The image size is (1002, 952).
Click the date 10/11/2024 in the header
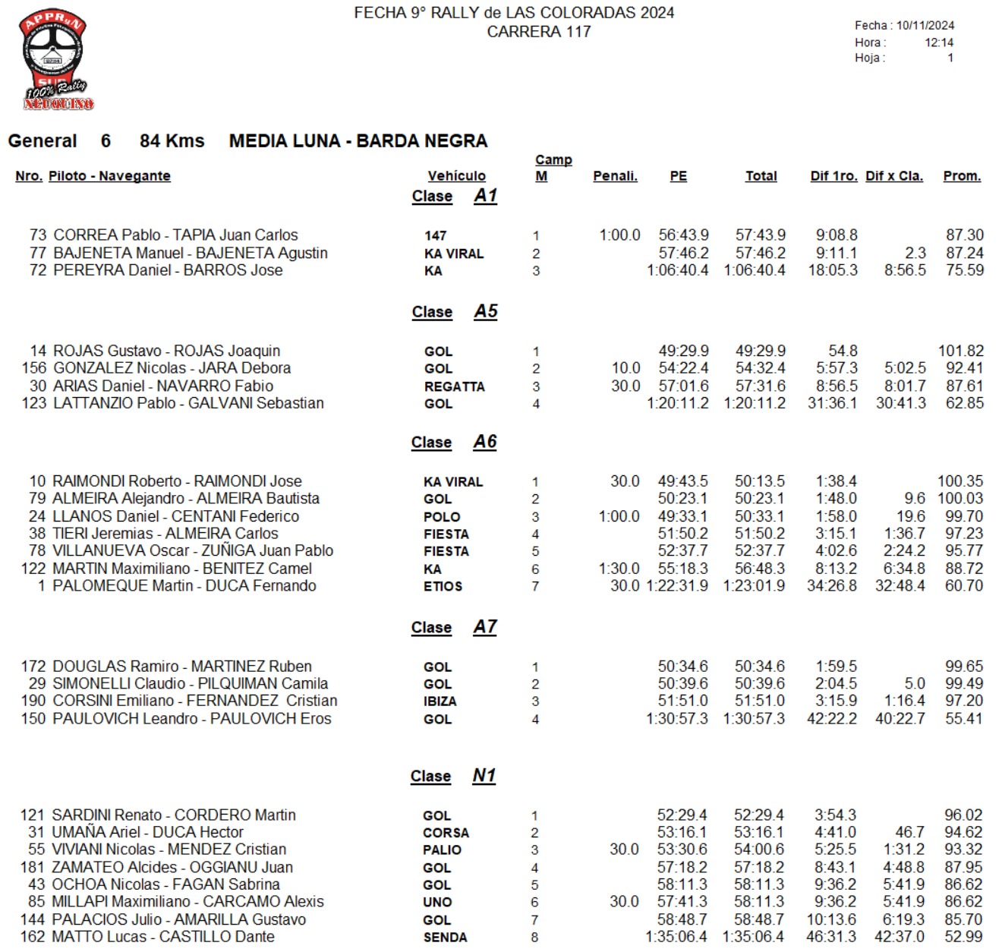(925, 25)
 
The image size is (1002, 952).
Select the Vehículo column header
(456, 176)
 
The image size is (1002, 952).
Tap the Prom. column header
(962, 176)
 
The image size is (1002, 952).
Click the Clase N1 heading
(452, 776)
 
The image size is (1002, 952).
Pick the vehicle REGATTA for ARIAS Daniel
(454, 386)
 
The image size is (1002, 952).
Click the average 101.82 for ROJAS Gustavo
(960, 351)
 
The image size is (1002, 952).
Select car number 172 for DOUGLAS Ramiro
(33, 667)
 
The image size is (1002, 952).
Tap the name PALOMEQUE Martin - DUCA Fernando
(184, 586)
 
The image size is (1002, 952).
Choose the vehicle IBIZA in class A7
(440, 701)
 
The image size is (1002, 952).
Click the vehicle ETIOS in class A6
(443, 586)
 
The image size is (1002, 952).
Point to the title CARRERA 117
(538, 32)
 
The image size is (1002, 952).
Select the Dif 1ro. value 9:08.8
(837, 235)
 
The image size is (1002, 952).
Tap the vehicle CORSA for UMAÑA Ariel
(446, 833)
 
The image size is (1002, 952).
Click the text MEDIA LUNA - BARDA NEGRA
(358, 141)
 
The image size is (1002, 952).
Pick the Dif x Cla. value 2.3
(915, 253)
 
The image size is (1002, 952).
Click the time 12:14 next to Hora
(938, 43)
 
